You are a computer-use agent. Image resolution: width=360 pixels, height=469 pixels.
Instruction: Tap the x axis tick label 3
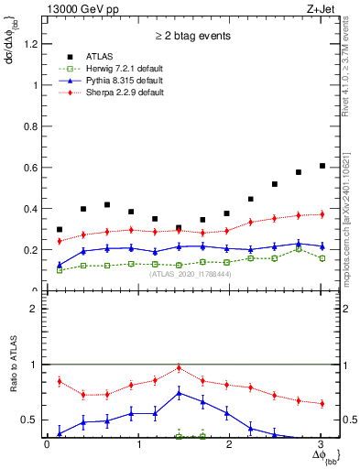click(x=322, y=445)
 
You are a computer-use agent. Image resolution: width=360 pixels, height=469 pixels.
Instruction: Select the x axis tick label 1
click(x=138, y=445)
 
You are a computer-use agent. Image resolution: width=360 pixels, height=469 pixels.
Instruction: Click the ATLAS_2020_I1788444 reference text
click(x=190, y=273)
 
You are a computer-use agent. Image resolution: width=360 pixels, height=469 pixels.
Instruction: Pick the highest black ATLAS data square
click(x=322, y=166)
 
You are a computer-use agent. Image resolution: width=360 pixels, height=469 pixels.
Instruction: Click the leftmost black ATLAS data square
click(x=60, y=229)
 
